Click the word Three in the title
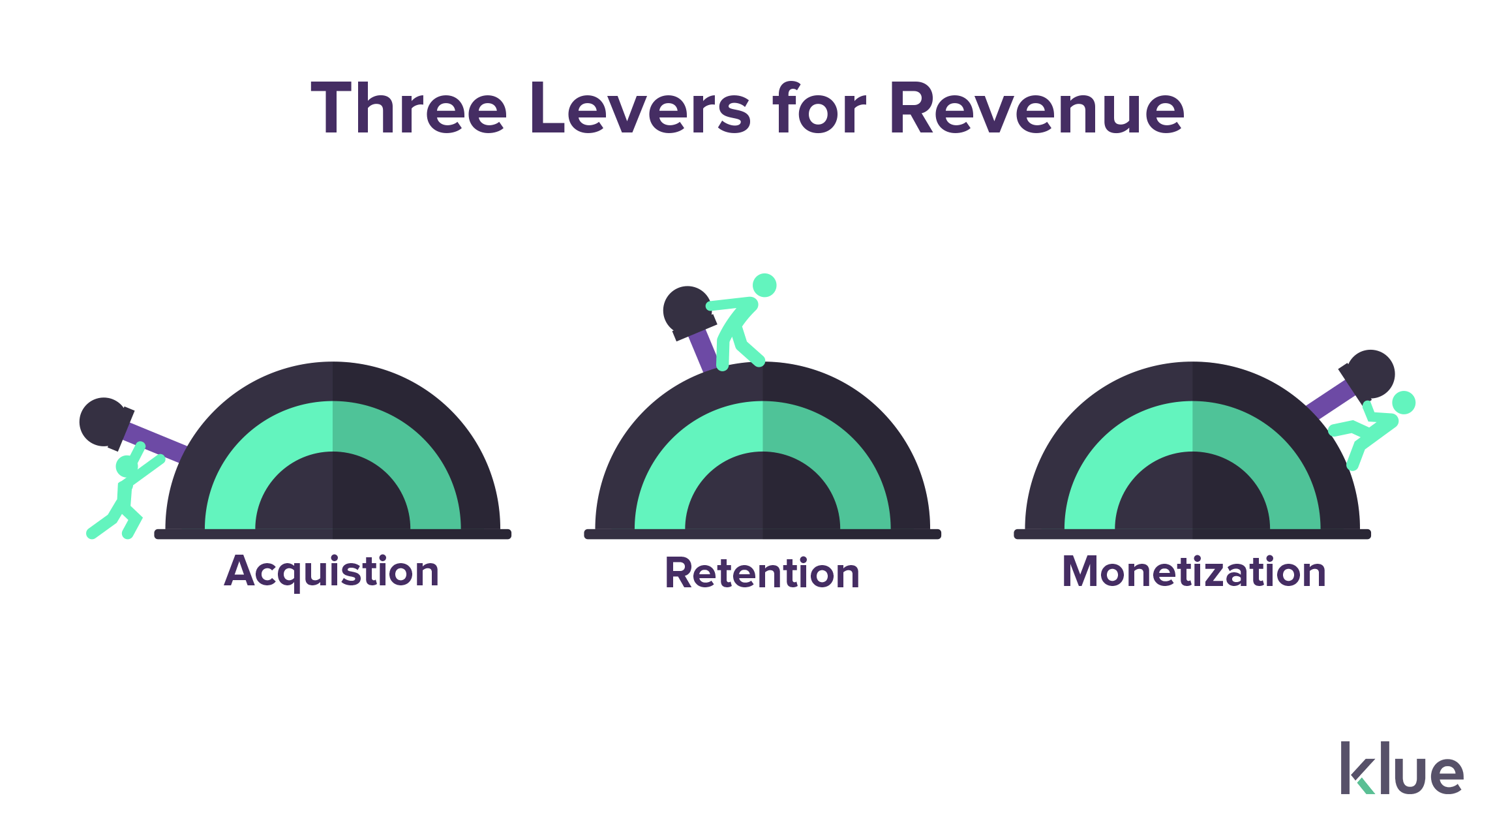pos(408,109)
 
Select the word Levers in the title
pos(640,109)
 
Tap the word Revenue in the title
pos(1037,109)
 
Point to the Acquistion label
pos(331,572)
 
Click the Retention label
pos(762,573)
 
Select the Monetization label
pos(1194,572)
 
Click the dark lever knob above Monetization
pos(1370,374)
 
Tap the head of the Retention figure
pos(764,285)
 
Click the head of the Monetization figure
pos(1404,403)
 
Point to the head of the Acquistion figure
pos(127,466)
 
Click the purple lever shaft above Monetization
pos(1331,399)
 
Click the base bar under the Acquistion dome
pos(333,534)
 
